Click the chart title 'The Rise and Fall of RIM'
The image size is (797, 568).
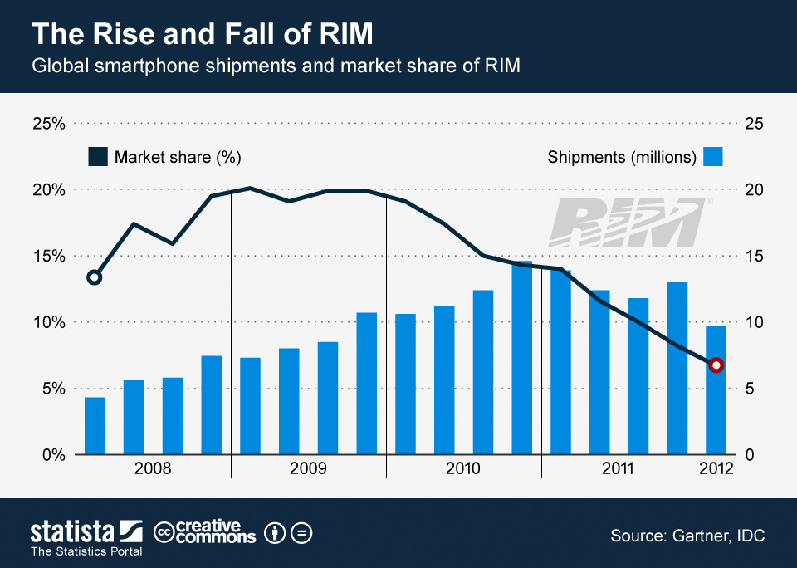[202, 34]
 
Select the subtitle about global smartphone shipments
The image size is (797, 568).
[276, 66]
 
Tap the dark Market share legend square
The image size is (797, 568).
[98, 157]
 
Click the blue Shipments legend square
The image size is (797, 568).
[713, 157]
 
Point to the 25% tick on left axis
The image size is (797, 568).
[48, 124]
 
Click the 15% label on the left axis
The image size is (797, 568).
[48, 256]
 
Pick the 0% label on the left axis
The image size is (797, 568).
[51, 455]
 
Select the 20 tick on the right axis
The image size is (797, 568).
[754, 189]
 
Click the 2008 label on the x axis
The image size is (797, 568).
[153, 469]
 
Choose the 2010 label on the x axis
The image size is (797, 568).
[463, 469]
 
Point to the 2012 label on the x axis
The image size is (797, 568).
[716, 469]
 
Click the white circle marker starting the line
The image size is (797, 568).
[95, 277]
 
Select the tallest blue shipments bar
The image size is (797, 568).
[521, 357]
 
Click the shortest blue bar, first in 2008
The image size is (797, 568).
[95, 425]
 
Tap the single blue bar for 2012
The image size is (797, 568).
[716, 390]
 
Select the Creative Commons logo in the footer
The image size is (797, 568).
[205, 532]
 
